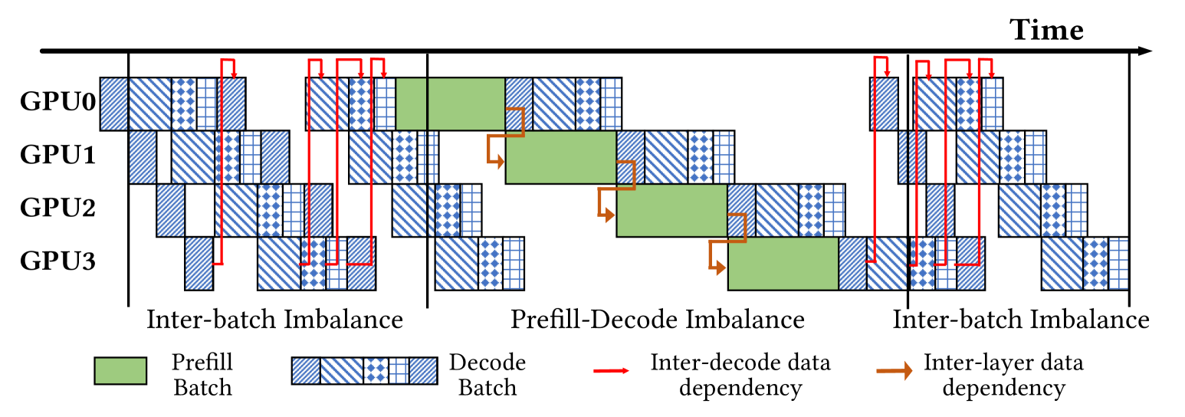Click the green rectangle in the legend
point(120,370)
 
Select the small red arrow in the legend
point(611,370)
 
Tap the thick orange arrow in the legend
point(894,370)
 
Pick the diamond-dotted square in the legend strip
point(376,370)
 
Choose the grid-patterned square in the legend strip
point(399,370)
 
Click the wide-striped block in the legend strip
point(342,370)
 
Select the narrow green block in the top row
point(411,103)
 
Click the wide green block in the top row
point(466,103)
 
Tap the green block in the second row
point(561,157)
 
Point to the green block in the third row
point(672,210)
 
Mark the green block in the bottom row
point(783,264)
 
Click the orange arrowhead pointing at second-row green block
point(500,162)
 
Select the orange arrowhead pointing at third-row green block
point(610,215)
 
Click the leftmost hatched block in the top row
point(114,103)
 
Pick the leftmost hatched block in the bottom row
point(199,264)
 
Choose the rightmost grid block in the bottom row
point(1118,264)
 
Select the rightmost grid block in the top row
point(992,103)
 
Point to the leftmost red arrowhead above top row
point(234,74)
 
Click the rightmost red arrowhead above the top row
point(991,74)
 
